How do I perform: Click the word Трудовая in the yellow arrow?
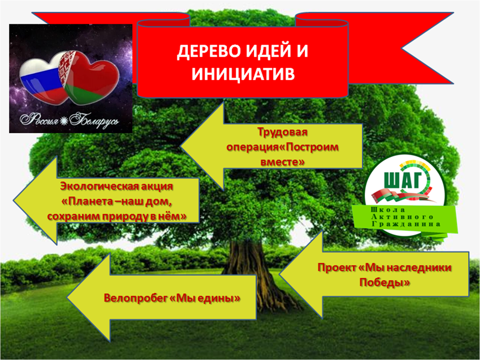click(282, 132)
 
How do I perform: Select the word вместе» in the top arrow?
click(282, 162)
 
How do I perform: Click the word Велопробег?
click(136, 298)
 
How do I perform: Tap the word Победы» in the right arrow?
click(385, 282)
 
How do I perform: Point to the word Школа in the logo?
click(388, 210)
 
